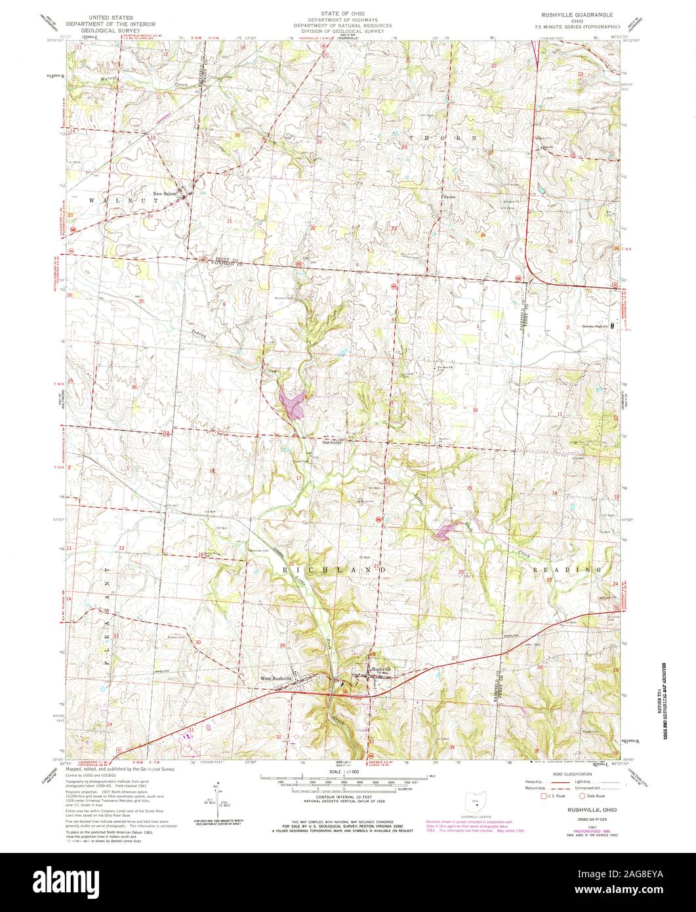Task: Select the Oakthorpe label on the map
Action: (333, 442)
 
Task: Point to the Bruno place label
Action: (448, 196)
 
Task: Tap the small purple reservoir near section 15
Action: (443, 531)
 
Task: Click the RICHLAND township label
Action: (334, 570)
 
